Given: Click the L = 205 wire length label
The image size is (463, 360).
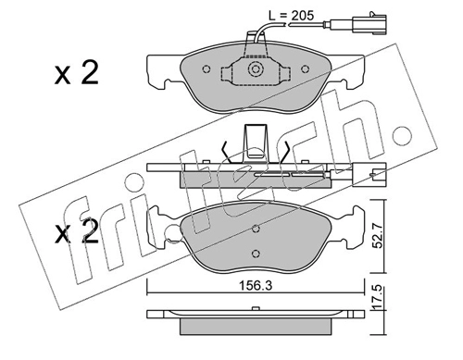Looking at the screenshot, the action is coord(291,16).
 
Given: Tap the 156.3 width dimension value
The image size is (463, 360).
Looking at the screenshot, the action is coord(256,286).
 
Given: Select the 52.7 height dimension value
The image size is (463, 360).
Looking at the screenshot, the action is coord(378,236).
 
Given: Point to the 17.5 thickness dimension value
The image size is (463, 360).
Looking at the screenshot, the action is coord(378,296).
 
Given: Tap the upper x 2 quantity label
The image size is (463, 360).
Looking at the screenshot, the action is coord(76,73).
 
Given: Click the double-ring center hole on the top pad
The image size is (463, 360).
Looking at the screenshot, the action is coord(255,69).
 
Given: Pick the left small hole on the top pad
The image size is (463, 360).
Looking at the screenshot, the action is coord(206,69).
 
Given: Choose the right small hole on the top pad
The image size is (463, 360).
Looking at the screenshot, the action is coord(305,69).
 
